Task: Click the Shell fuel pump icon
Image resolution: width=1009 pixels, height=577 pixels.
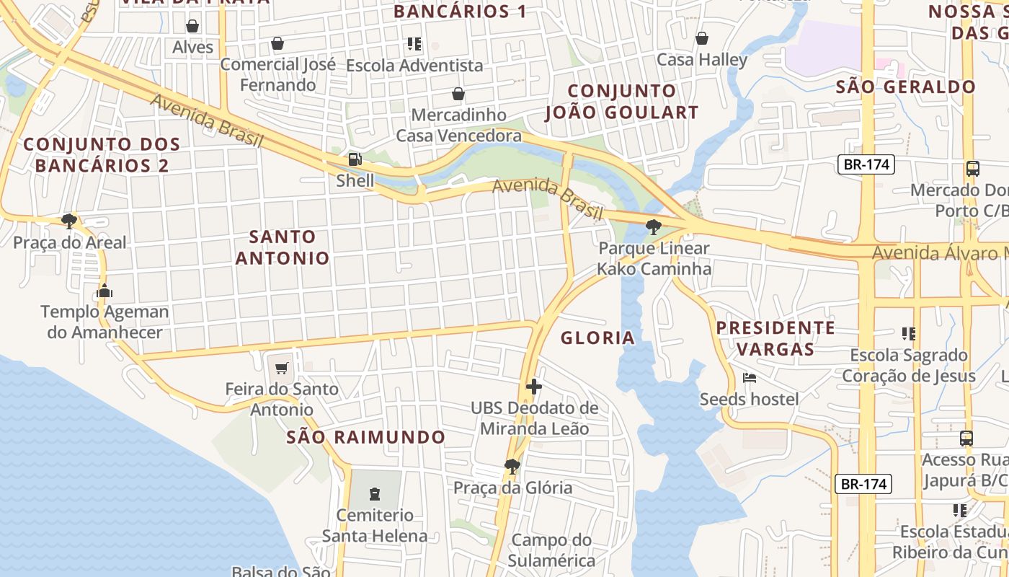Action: pyautogui.click(x=355, y=159)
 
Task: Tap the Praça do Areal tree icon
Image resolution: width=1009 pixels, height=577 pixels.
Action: pyautogui.click(x=69, y=221)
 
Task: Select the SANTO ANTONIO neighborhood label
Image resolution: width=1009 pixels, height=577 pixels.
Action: pyautogui.click(x=283, y=247)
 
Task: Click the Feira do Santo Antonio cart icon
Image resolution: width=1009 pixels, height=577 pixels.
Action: pyautogui.click(x=282, y=369)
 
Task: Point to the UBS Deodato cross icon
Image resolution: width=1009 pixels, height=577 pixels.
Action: pyautogui.click(x=533, y=387)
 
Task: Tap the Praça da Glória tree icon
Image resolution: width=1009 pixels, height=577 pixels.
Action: pyautogui.click(x=512, y=467)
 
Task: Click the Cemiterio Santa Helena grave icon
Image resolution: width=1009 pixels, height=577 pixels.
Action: pyautogui.click(x=374, y=494)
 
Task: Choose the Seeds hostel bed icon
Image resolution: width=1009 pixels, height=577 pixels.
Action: pyautogui.click(x=750, y=378)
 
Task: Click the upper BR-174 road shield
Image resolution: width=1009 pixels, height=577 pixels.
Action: pyautogui.click(x=866, y=164)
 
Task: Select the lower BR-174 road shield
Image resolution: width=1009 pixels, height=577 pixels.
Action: pyautogui.click(x=863, y=483)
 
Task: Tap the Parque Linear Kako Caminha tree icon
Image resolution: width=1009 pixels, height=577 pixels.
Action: pyautogui.click(x=654, y=227)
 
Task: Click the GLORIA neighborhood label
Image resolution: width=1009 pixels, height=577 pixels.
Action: pyautogui.click(x=597, y=338)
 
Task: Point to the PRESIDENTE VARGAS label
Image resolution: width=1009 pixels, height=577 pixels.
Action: pyautogui.click(x=775, y=338)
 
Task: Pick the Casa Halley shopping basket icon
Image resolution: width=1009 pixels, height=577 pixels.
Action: pyautogui.click(x=702, y=38)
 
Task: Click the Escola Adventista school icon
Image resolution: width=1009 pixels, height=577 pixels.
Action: pyautogui.click(x=414, y=44)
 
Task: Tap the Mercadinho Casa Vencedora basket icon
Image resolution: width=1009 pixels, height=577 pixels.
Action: pyautogui.click(x=458, y=94)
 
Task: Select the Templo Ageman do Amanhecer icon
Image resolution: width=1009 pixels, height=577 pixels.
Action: pyautogui.click(x=105, y=291)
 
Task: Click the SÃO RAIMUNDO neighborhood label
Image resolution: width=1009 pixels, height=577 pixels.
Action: pyautogui.click(x=366, y=437)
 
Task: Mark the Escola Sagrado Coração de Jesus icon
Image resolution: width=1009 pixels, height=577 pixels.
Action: pyautogui.click(x=909, y=334)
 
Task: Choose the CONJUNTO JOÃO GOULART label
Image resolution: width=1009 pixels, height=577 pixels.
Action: pyautogui.click(x=621, y=102)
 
